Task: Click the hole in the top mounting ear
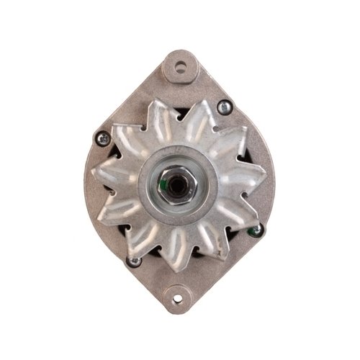[x=180, y=67]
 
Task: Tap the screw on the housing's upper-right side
[x=225, y=107]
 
